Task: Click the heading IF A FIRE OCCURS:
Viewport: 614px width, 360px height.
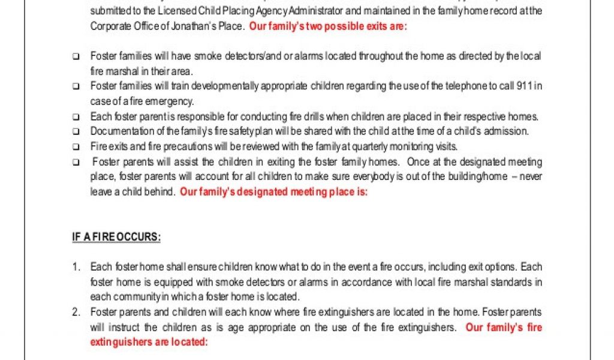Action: pos(116,237)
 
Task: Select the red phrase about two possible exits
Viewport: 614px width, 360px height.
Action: pos(328,26)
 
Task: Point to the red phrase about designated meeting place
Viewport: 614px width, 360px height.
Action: pos(273,192)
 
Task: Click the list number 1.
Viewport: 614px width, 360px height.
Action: pos(76,266)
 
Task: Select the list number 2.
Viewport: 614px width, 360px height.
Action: pos(76,312)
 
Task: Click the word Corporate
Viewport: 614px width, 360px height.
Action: pos(109,26)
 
